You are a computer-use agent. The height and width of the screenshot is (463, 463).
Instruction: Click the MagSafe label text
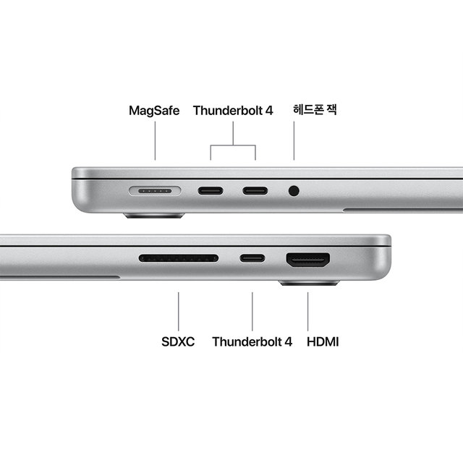pyautogui.click(x=154, y=111)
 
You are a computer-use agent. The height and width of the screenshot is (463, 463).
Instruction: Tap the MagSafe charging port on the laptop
pyautogui.click(x=153, y=192)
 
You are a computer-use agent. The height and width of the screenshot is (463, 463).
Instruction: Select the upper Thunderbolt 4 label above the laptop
pyautogui.click(x=233, y=111)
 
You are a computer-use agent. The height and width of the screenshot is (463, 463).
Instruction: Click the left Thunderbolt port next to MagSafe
pyautogui.click(x=211, y=192)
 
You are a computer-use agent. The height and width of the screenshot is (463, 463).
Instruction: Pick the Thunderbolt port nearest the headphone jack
pyautogui.click(x=255, y=192)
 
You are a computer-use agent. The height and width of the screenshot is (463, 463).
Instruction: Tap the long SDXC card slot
pyautogui.click(x=179, y=258)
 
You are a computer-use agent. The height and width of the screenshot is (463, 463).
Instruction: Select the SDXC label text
pyautogui.click(x=178, y=341)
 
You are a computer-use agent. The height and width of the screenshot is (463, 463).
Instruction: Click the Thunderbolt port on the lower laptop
pyautogui.click(x=252, y=258)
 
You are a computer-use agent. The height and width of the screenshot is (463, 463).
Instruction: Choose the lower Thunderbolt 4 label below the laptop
pyautogui.click(x=252, y=341)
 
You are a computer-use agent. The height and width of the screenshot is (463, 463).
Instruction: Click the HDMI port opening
pyautogui.click(x=308, y=258)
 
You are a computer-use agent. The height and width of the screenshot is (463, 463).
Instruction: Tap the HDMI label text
pyautogui.click(x=323, y=341)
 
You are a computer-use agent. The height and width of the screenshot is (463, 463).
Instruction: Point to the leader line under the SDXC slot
pyautogui.click(x=179, y=311)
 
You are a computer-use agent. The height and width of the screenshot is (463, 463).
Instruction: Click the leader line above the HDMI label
pyautogui.click(x=308, y=311)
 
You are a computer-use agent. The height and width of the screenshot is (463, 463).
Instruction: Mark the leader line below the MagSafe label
pyautogui.click(x=154, y=141)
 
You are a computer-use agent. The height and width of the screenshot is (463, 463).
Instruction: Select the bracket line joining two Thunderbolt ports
pyautogui.click(x=233, y=145)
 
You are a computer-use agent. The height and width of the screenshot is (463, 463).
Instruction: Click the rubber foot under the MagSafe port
pyautogui.click(x=153, y=216)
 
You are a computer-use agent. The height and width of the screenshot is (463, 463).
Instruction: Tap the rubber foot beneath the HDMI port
pyautogui.click(x=309, y=282)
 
